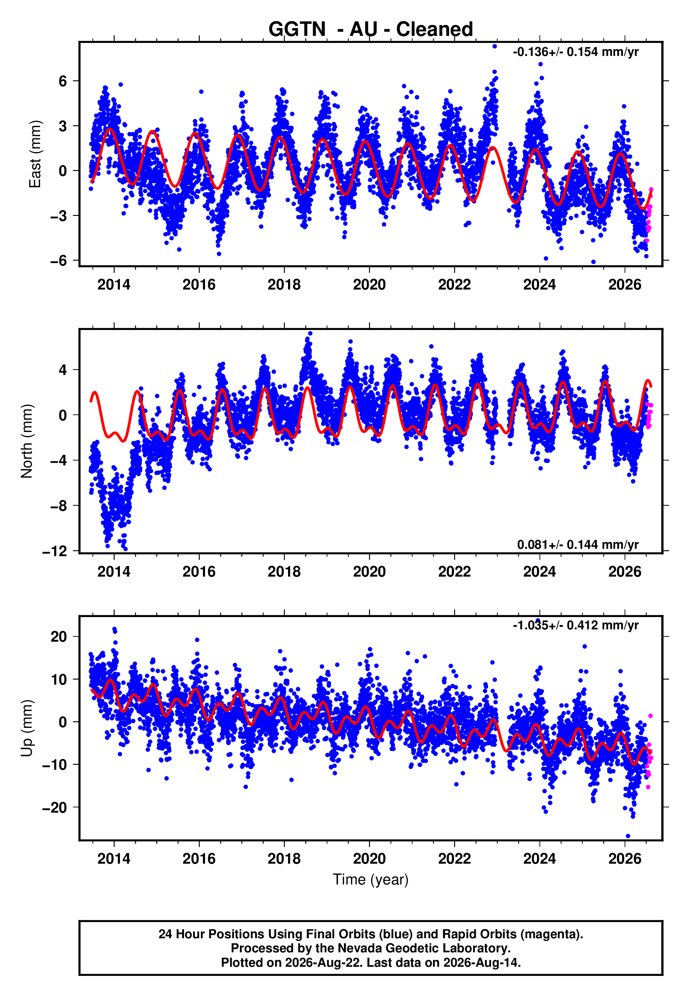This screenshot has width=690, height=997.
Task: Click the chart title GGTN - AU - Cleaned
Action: tap(371, 30)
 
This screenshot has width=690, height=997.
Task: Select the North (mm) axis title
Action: tap(26, 441)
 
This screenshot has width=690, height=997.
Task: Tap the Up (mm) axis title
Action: tap(26, 728)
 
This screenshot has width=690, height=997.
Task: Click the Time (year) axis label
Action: tap(371, 879)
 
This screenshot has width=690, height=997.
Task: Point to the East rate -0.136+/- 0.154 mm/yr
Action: tap(575, 52)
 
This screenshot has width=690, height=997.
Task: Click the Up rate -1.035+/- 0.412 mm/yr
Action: tap(575, 625)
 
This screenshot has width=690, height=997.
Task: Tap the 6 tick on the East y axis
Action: tap(63, 81)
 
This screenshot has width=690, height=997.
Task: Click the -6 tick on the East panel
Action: tap(58, 260)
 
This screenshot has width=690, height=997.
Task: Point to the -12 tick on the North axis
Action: tap(55, 551)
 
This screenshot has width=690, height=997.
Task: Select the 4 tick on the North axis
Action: tap(63, 370)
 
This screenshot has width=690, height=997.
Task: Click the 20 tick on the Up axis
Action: tap(59, 636)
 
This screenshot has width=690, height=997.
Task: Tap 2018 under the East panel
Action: tap(284, 285)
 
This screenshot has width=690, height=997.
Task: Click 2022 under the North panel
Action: tap(454, 572)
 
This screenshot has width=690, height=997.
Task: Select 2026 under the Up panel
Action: tap(625, 858)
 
